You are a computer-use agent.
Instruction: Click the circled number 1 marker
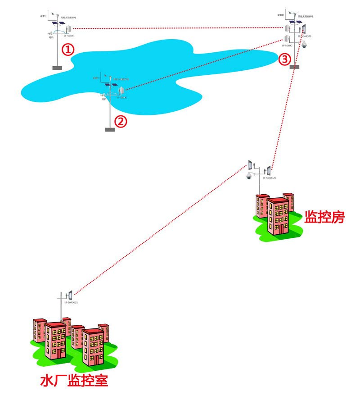pyautogui.click(x=67, y=50)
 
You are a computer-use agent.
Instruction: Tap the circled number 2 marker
pyautogui.click(x=121, y=121)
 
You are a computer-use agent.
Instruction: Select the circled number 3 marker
pyautogui.click(x=284, y=59)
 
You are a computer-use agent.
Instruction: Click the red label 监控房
pyautogui.click(x=324, y=217)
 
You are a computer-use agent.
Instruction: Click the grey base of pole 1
pyautogui.click(x=57, y=68)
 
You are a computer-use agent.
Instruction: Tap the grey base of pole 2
pyautogui.click(x=110, y=130)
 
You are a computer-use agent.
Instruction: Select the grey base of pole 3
pyautogui.click(x=294, y=67)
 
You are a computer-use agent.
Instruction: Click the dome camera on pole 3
pyautogui.click(x=304, y=44)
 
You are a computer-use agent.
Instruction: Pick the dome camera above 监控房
pyautogui.click(x=249, y=176)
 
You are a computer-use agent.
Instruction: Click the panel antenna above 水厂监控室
pyautogui.click(x=70, y=296)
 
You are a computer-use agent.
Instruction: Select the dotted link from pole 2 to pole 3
pyautogui.click(x=202, y=65)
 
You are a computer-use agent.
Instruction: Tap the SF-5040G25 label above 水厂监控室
pyautogui.click(x=72, y=303)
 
